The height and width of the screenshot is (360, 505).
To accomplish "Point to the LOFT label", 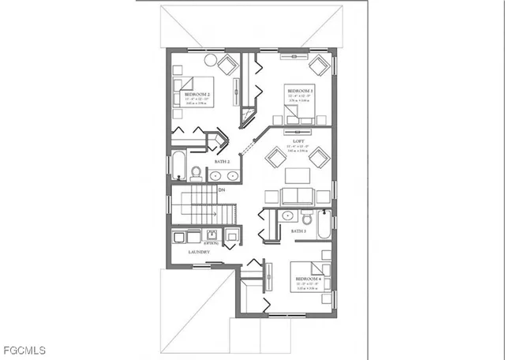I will [x=299, y=139].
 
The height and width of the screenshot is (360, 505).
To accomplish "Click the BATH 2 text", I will [x=222, y=161].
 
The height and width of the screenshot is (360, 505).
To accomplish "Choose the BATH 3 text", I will [x=298, y=231].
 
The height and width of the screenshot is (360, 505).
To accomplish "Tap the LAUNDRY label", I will [x=199, y=252].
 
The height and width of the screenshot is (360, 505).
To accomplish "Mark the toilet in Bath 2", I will [x=195, y=173].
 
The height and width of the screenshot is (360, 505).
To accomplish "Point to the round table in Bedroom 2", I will [x=211, y=59].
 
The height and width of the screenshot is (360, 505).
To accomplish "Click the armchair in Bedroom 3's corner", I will [x=320, y=64].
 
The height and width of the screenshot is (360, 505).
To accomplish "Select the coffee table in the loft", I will [x=297, y=175].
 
